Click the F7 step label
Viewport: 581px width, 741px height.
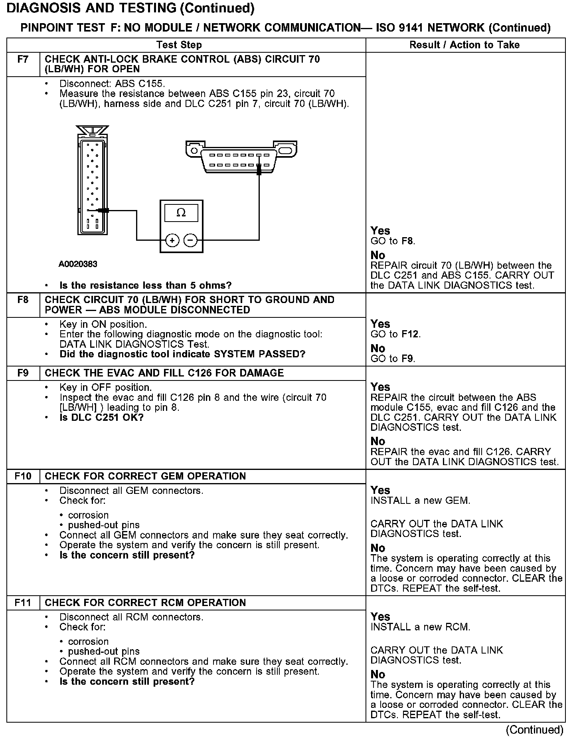(23, 59)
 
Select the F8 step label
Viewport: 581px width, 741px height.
(23, 300)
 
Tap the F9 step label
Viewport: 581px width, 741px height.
(23, 373)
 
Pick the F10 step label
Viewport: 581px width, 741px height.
(23, 476)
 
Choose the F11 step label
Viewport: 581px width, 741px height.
(23, 602)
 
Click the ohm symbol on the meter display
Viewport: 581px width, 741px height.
(181, 213)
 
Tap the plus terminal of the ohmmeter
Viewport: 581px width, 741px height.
(172, 240)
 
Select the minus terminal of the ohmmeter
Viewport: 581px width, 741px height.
(190, 240)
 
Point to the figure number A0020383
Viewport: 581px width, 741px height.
(78, 264)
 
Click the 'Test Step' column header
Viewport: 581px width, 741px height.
(179, 45)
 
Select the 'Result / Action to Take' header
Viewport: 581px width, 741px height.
(464, 45)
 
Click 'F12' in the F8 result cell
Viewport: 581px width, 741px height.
(410, 334)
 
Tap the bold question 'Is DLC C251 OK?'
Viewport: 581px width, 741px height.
(101, 418)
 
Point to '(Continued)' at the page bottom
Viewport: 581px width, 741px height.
(534, 730)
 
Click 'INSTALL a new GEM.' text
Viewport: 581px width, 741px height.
(420, 500)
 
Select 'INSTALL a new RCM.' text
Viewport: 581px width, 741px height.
(420, 627)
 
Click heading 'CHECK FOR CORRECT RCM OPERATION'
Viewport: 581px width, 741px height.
(145, 602)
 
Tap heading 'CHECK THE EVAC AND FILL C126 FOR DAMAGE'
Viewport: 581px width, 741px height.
(164, 373)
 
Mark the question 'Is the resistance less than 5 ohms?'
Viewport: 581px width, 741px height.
(145, 285)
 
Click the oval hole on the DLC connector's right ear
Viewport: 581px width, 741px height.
(286, 151)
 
